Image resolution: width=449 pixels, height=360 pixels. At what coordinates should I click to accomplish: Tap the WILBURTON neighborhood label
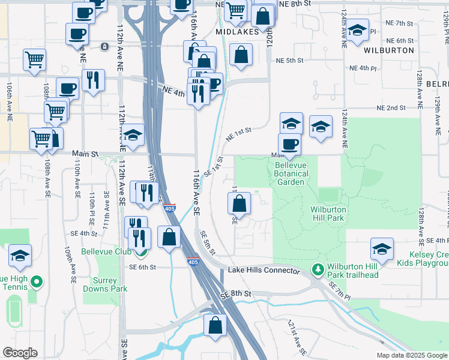click(389, 50)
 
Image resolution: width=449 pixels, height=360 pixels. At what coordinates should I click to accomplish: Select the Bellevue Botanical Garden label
click(292, 174)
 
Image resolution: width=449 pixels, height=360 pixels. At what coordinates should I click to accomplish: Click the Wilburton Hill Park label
click(327, 214)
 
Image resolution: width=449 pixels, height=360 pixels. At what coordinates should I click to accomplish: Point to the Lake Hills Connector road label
click(264, 271)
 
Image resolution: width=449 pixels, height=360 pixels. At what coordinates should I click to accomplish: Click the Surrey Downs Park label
click(110, 284)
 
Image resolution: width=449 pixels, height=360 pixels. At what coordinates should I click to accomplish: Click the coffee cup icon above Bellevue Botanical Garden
click(290, 144)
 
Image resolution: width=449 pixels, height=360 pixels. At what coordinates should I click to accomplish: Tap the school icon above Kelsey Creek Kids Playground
click(382, 248)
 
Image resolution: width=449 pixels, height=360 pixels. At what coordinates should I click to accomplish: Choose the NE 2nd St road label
click(391, 108)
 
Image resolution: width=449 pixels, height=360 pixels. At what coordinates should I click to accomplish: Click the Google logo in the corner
click(20, 353)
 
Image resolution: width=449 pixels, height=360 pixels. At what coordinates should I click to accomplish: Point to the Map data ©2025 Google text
click(412, 355)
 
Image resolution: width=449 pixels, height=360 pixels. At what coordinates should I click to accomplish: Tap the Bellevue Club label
click(106, 251)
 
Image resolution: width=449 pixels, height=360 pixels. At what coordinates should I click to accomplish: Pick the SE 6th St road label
click(142, 266)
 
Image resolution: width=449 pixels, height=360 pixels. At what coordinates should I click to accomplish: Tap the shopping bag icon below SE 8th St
click(214, 326)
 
